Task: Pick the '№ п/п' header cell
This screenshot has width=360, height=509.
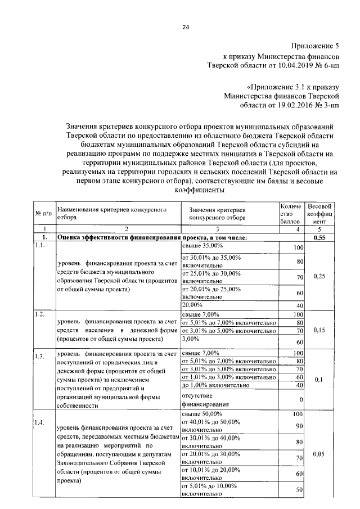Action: [x=44, y=214]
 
